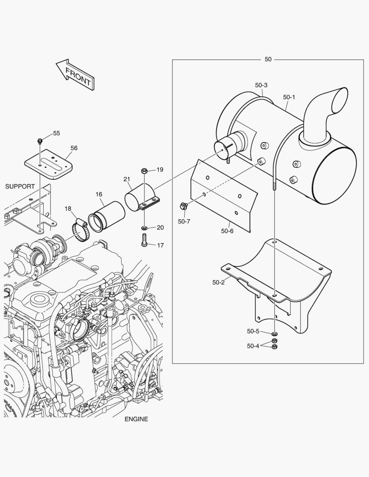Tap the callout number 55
coord(57,133)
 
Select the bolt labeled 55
coord(40,141)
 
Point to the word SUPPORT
coord(20,186)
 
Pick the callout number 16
coord(99,194)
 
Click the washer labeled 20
coord(145,228)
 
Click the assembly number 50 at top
coord(268,59)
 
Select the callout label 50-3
coord(261,85)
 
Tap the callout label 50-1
coord(289,97)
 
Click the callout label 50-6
coord(227,231)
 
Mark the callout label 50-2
coord(218,282)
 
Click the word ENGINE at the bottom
coord(136,419)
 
